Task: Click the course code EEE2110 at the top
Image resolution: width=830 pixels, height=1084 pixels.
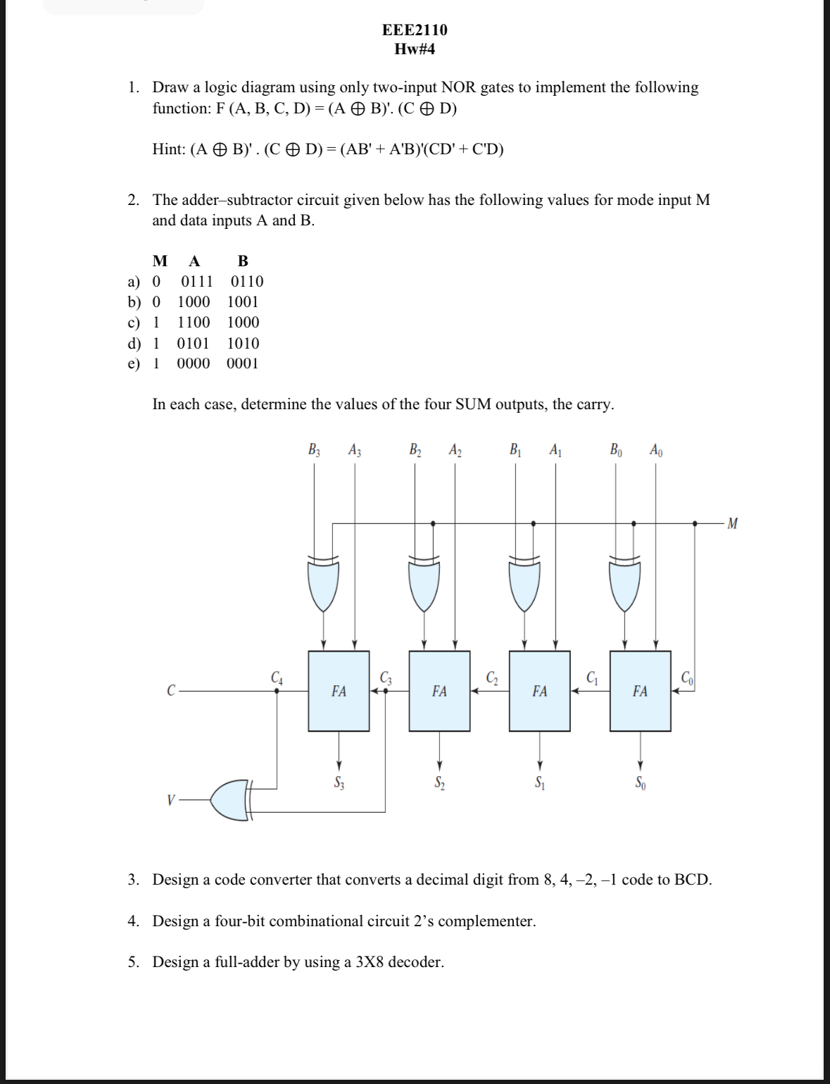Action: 414,30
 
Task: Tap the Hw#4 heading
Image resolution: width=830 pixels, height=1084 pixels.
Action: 414,49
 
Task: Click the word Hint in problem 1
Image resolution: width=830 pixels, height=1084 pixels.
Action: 168,149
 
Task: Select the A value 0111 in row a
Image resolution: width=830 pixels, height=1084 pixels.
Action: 197,282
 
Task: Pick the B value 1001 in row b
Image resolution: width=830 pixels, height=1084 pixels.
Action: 243,302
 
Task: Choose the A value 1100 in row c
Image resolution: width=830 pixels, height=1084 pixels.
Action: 194,323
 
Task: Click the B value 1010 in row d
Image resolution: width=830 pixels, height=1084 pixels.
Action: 243,344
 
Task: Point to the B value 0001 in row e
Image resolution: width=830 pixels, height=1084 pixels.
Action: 243,363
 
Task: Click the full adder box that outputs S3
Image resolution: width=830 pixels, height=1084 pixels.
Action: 339,691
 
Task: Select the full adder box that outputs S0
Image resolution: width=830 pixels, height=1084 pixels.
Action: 640,691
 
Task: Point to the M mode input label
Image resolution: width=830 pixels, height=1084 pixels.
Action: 733,523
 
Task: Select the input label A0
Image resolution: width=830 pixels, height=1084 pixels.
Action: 655,450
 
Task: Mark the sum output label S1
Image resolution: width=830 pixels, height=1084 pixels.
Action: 539,781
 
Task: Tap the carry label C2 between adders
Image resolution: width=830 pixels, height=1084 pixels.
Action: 492,678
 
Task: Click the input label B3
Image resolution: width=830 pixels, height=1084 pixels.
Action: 314,450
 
